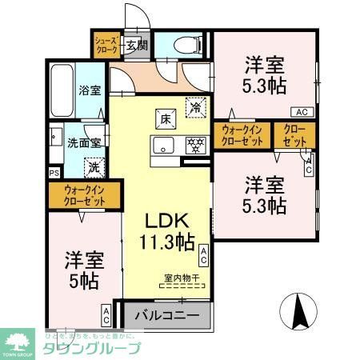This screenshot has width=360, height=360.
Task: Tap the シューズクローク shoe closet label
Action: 106,46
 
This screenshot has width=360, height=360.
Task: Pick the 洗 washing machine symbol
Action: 94,167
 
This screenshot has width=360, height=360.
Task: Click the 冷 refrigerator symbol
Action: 194,104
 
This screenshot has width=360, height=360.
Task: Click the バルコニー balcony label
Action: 166,316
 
